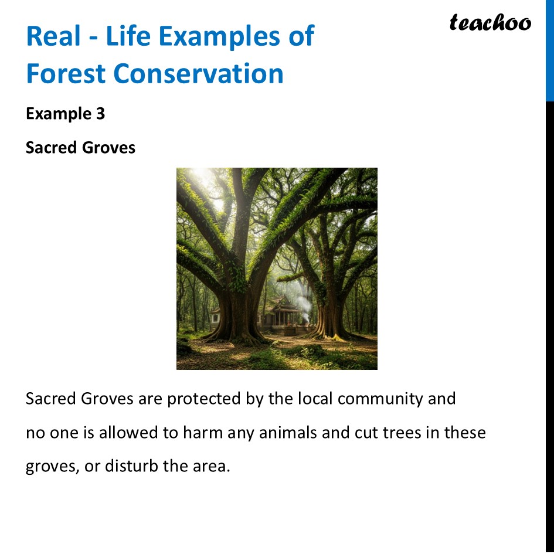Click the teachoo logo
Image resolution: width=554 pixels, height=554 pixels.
(x=490, y=22)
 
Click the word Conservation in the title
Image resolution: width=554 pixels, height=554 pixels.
(x=199, y=74)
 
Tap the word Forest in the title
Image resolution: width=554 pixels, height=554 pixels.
(x=65, y=74)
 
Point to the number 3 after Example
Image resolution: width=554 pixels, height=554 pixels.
(x=100, y=113)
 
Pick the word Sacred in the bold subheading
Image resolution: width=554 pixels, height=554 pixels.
(x=51, y=147)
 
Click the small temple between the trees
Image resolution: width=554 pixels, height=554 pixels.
(x=280, y=317)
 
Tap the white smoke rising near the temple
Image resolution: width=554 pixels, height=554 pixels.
(x=303, y=299)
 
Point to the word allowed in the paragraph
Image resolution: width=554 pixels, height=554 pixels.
(x=127, y=433)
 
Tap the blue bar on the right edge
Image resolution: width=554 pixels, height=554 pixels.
(x=549, y=50)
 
